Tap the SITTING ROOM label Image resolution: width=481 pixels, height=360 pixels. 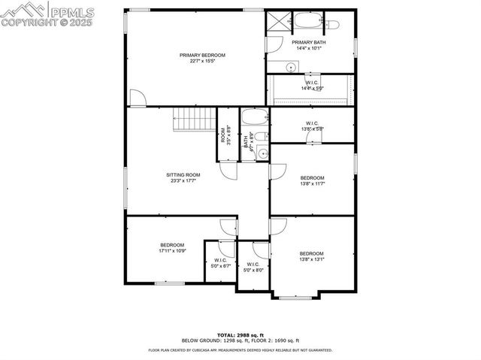[183, 174]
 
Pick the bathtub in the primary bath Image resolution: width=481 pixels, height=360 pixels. [307, 20]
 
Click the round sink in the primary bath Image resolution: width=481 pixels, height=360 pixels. [290, 68]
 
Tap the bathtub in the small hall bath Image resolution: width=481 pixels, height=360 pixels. [252, 117]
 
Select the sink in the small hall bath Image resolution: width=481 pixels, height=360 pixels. [262, 153]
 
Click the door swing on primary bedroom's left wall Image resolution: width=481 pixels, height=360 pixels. [136, 98]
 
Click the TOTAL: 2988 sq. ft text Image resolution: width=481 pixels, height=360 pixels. [240, 334]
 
